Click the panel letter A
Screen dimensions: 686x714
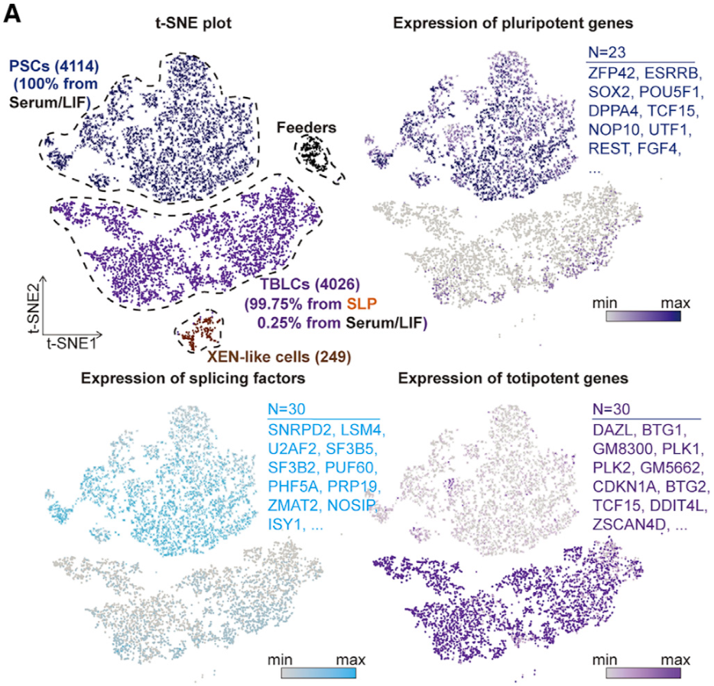[13, 15]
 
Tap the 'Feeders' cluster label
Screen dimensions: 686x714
[303, 127]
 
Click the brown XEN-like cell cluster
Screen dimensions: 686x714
[201, 329]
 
